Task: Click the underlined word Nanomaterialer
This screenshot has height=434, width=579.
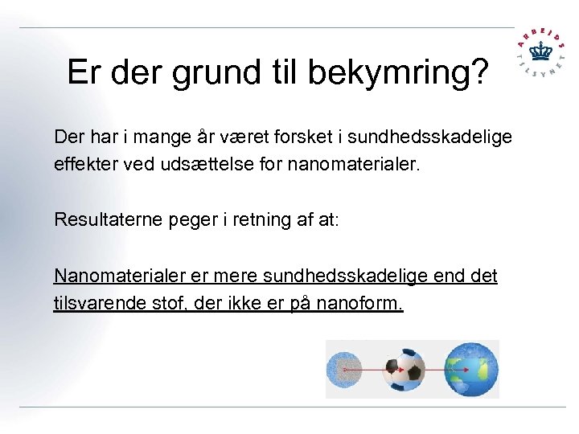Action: click(119, 276)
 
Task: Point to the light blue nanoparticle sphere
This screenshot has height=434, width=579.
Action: click(347, 371)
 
